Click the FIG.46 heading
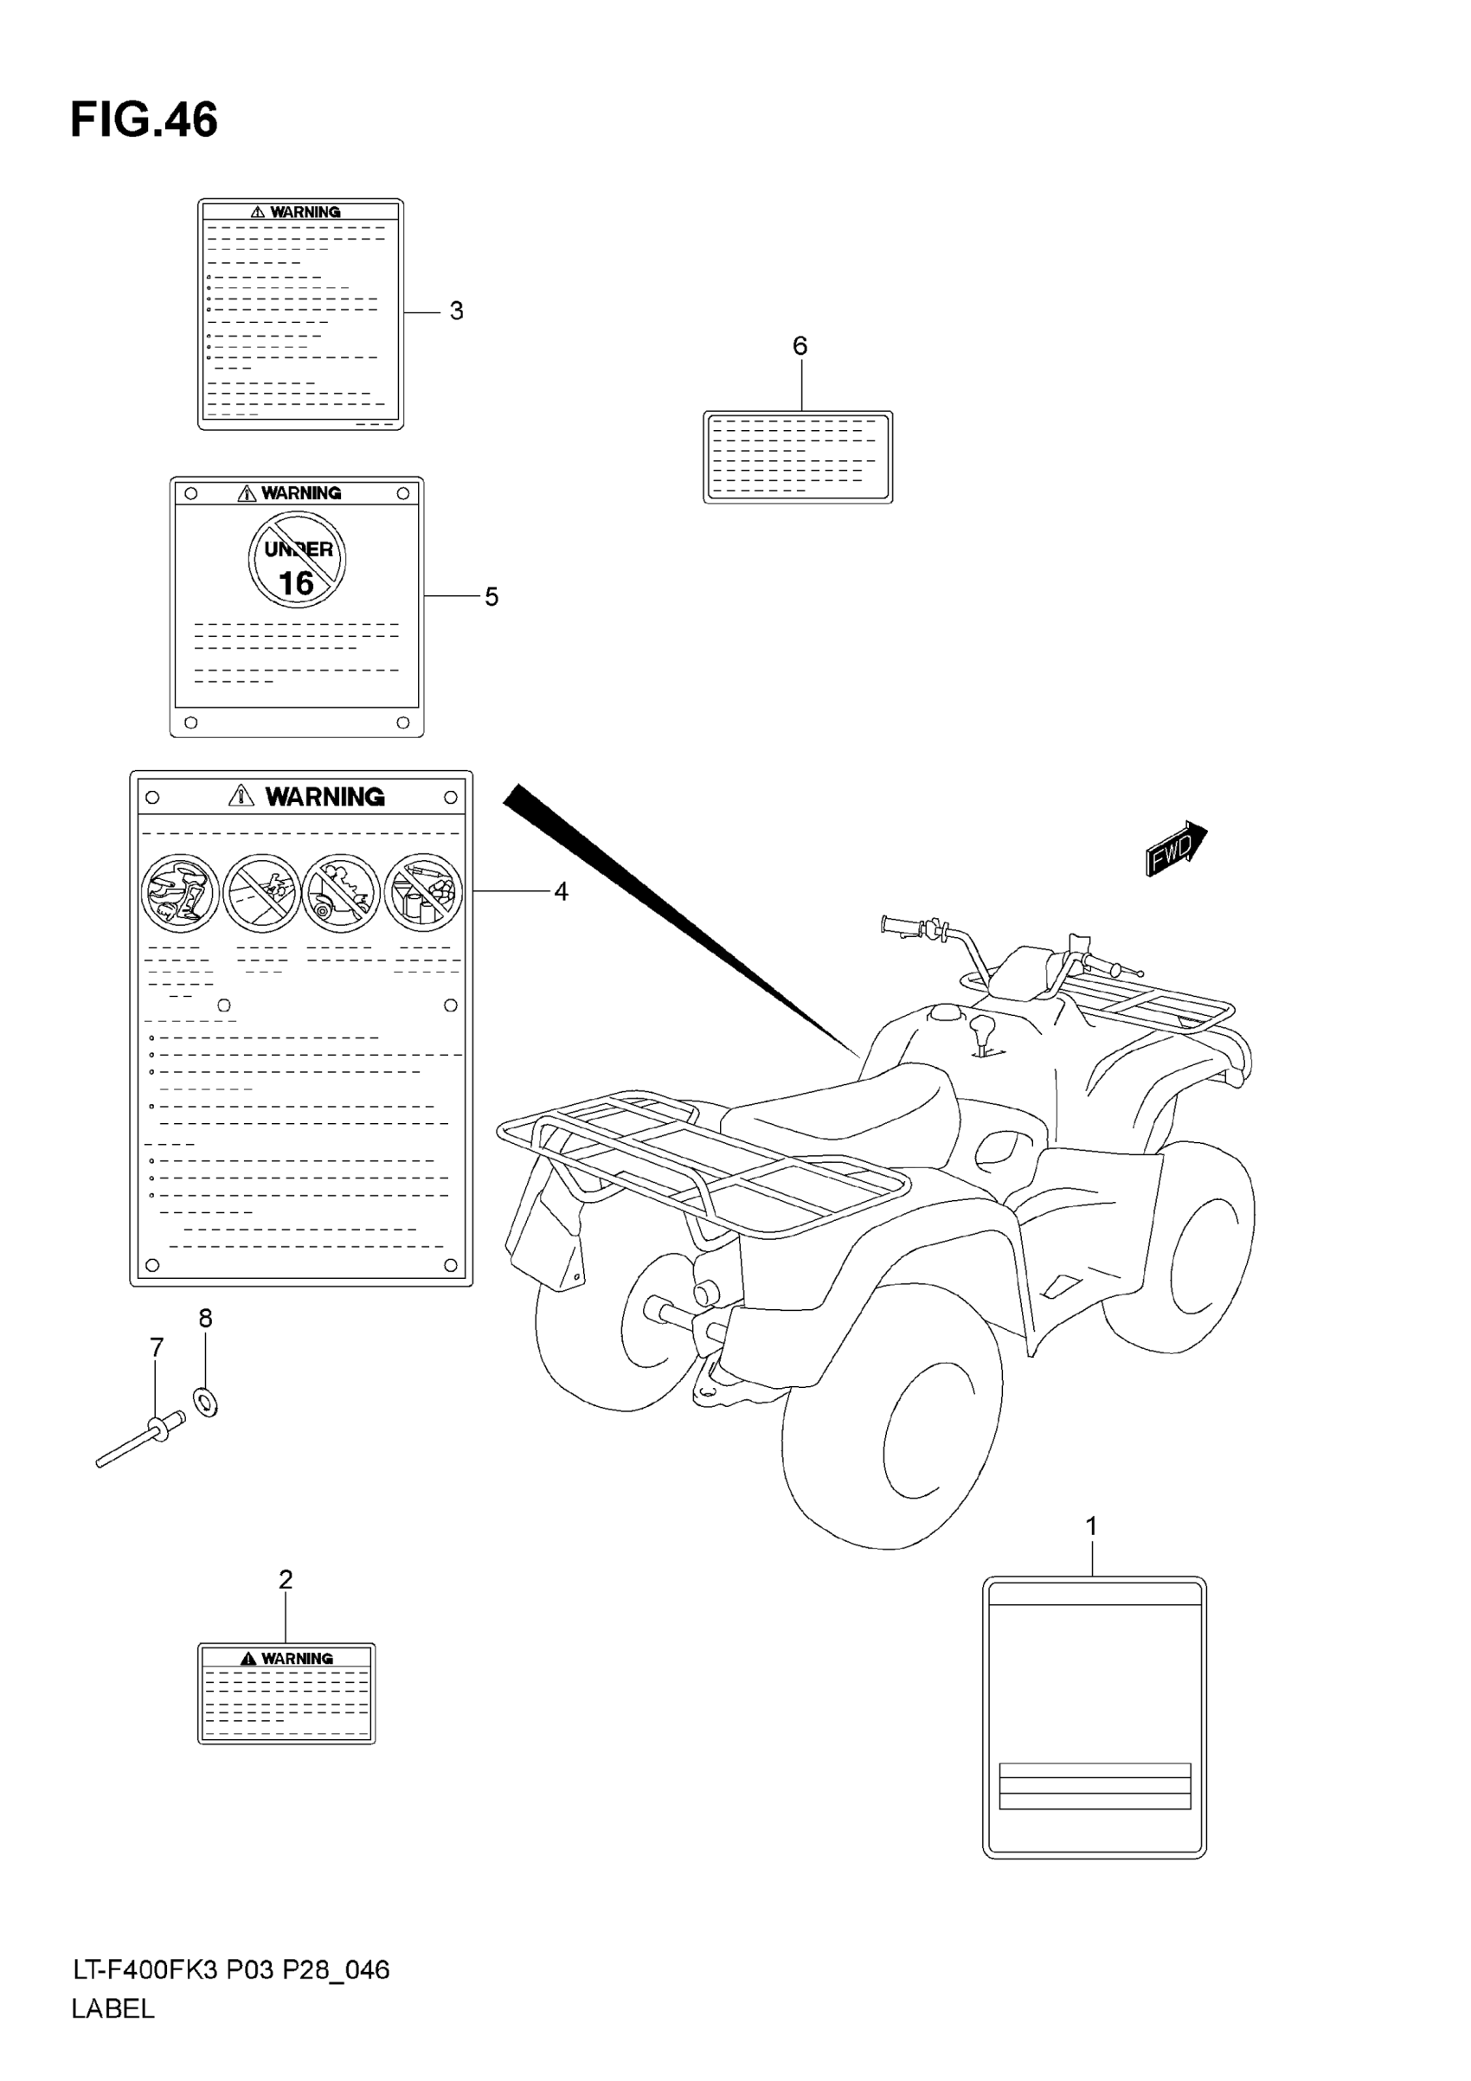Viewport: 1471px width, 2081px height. (145, 119)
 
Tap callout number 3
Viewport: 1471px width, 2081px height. (456, 311)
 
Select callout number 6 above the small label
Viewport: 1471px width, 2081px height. (800, 345)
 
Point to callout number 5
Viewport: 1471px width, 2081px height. (491, 596)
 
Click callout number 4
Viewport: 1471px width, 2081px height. (561, 892)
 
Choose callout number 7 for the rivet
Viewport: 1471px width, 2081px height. (157, 1348)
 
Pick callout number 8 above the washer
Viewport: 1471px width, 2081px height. (206, 1319)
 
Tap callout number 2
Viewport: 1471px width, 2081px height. (286, 1580)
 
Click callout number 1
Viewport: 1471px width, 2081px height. (1091, 1526)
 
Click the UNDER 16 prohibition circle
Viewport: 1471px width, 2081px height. (298, 560)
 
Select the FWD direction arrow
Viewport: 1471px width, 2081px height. (1176, 849)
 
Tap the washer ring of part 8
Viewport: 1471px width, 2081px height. (206, 1403)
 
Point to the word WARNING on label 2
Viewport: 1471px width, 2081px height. (298, 1659)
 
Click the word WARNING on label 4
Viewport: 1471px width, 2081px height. (324, 797)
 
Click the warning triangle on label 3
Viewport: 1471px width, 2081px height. (257, 212)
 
